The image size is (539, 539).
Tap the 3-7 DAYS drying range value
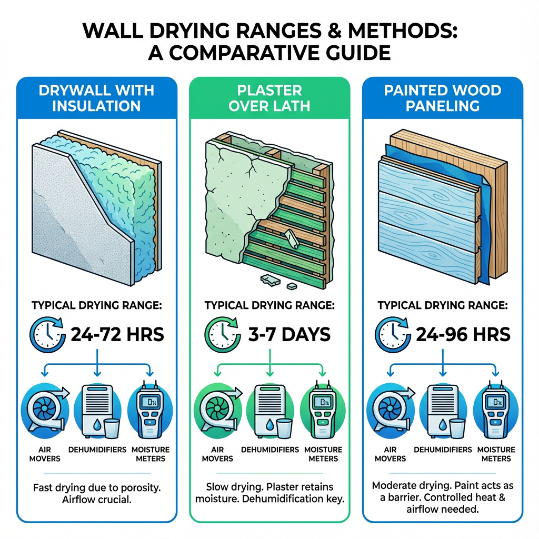click(289, 334)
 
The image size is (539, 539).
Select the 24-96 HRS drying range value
click(462, 334)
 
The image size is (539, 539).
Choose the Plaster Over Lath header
click(269, 97)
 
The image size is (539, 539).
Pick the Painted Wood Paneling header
click(442, 97)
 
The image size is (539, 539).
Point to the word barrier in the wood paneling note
click(405, 498)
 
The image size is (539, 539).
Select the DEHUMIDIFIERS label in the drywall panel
click(97, 450)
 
